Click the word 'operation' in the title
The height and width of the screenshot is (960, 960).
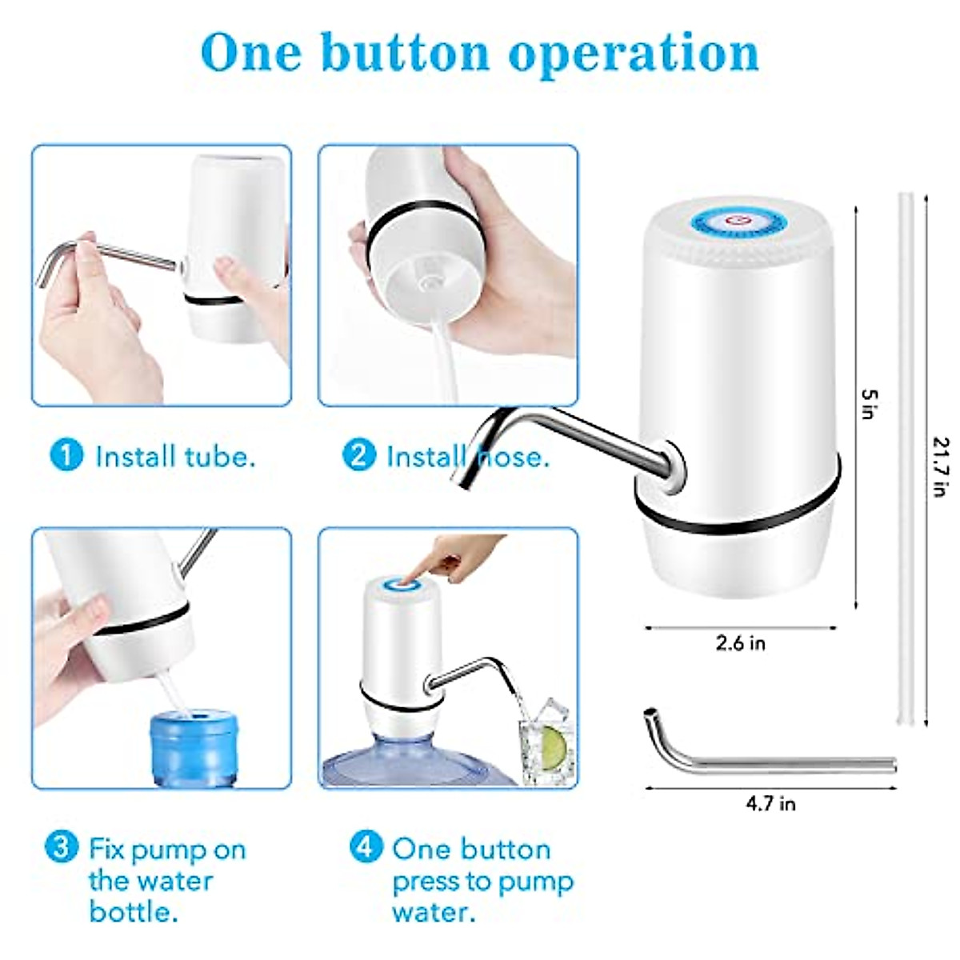click(634, 53)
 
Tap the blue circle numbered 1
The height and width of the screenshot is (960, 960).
click(66, 455)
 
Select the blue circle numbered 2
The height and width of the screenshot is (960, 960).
click(358, 455)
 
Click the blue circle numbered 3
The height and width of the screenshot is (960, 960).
click(61, 847)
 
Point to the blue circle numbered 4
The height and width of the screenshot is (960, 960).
click(366, 847)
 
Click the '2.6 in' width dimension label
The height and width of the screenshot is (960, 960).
click(740, 643)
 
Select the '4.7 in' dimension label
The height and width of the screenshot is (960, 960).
click(770, 803)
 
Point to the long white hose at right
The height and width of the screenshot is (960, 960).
click(907, 456)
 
